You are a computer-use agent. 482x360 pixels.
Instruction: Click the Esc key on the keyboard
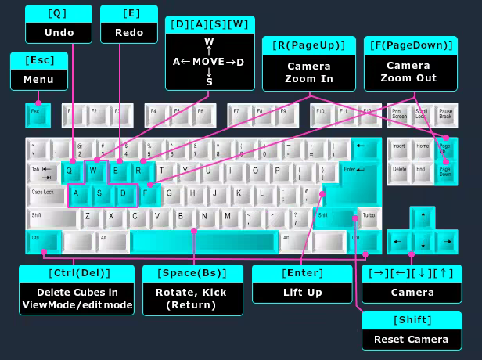tap(38, 115)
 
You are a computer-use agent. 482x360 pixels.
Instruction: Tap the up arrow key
tap(423, 217)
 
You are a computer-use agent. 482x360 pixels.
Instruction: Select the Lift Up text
tap(303, 293)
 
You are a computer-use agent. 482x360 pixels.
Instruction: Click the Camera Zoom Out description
tap(408, 72)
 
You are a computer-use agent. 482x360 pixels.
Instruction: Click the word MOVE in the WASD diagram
tap(209, 61)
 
